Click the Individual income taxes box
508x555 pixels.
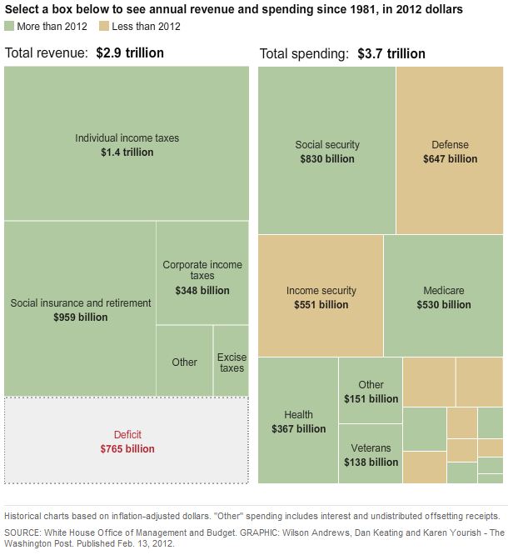pos(127,143)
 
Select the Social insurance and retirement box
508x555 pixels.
pos(80,308)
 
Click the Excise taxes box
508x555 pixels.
pos(231,361)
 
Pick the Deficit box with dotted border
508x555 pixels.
pos(127,440)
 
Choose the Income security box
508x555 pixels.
pos(321,296)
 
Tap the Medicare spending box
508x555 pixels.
pos(443,296)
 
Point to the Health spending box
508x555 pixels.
pos(298,421)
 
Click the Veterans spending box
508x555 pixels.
pos(371,454)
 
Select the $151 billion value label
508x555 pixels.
pos(371,399)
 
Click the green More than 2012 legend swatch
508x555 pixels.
pos(9,27)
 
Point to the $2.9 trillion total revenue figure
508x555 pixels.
pos(130,53)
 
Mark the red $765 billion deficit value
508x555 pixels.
pos(127,449)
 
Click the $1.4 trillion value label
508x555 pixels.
pos(127,153)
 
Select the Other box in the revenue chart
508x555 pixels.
pos(184,362)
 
